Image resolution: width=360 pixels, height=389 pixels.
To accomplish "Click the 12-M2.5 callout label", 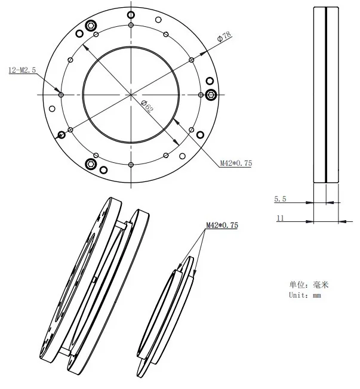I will click(x=22, y=70).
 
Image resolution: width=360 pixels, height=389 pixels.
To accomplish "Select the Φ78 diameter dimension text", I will click(x=225, y=36).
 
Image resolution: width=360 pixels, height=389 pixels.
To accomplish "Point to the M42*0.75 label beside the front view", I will click(x=236, y=163).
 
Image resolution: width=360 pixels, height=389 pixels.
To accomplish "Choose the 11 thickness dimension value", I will click(x=279, y=218).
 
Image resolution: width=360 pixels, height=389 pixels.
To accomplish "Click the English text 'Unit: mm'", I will click(x=305, y=295).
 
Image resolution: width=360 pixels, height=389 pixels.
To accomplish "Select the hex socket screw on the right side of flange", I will click(x=211, y=94).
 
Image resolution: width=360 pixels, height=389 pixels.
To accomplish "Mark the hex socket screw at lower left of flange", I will click(x=91, y=163).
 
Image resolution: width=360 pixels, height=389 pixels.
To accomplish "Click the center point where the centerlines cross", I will click(x=130, y=94).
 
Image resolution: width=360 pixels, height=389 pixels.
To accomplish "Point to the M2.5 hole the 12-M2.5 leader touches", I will click(x=61, y=94).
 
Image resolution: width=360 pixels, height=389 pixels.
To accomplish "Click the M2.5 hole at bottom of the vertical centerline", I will click(x=130, y=163).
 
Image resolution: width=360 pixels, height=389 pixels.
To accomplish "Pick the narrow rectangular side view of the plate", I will click(x=326, y=95).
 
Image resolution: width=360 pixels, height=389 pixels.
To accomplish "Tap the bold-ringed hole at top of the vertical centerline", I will click(x=130, y=25).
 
